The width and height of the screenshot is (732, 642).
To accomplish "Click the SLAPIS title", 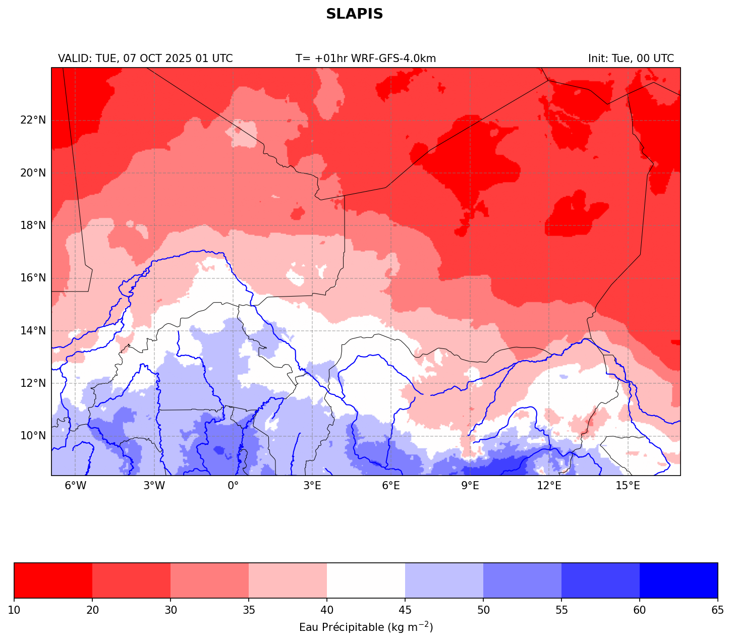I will tap(354, 14).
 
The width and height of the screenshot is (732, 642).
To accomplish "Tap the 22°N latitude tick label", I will tap(33, 120).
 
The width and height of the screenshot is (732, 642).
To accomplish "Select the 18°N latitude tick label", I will tap(33, 225).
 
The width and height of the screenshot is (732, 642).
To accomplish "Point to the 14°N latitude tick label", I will tap(33, 331).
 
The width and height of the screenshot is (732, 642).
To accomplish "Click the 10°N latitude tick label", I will tap(33, 436).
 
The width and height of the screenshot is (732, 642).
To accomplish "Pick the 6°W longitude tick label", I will tap(75, 486).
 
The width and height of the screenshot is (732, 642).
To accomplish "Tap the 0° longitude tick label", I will tap(233, 486).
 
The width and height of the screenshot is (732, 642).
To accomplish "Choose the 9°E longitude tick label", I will tap(470, 486).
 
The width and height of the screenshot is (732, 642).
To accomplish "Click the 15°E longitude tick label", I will tap(628, 486).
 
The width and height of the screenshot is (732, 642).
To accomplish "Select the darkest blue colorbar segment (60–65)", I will tap(679, 580).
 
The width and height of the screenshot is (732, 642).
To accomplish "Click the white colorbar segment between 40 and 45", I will tap(366, 580).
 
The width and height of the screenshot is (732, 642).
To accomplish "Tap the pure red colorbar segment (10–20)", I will tap(53, 580).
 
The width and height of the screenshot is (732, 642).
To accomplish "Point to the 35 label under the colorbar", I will tap(249, 611).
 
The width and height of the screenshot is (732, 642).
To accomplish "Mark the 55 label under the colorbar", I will tap(561, 611).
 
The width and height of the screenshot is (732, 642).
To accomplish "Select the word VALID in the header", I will tap(74, 59).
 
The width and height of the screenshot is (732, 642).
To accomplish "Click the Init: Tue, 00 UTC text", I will tap(631, 59).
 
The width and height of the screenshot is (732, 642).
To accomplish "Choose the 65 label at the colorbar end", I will tap(717, 611).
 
